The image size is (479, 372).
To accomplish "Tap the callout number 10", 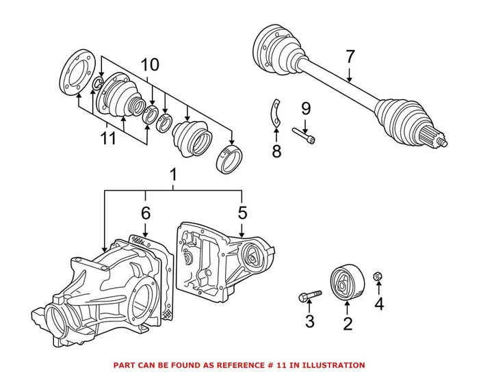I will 150,66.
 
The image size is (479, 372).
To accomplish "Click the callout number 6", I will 145,214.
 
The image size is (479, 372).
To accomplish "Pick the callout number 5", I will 242,214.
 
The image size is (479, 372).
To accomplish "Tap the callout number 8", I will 276,150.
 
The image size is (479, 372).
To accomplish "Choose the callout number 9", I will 305,108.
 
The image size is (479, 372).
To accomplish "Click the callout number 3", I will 309,321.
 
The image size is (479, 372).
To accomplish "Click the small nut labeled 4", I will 378,276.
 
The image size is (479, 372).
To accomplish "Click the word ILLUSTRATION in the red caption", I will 333,365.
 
